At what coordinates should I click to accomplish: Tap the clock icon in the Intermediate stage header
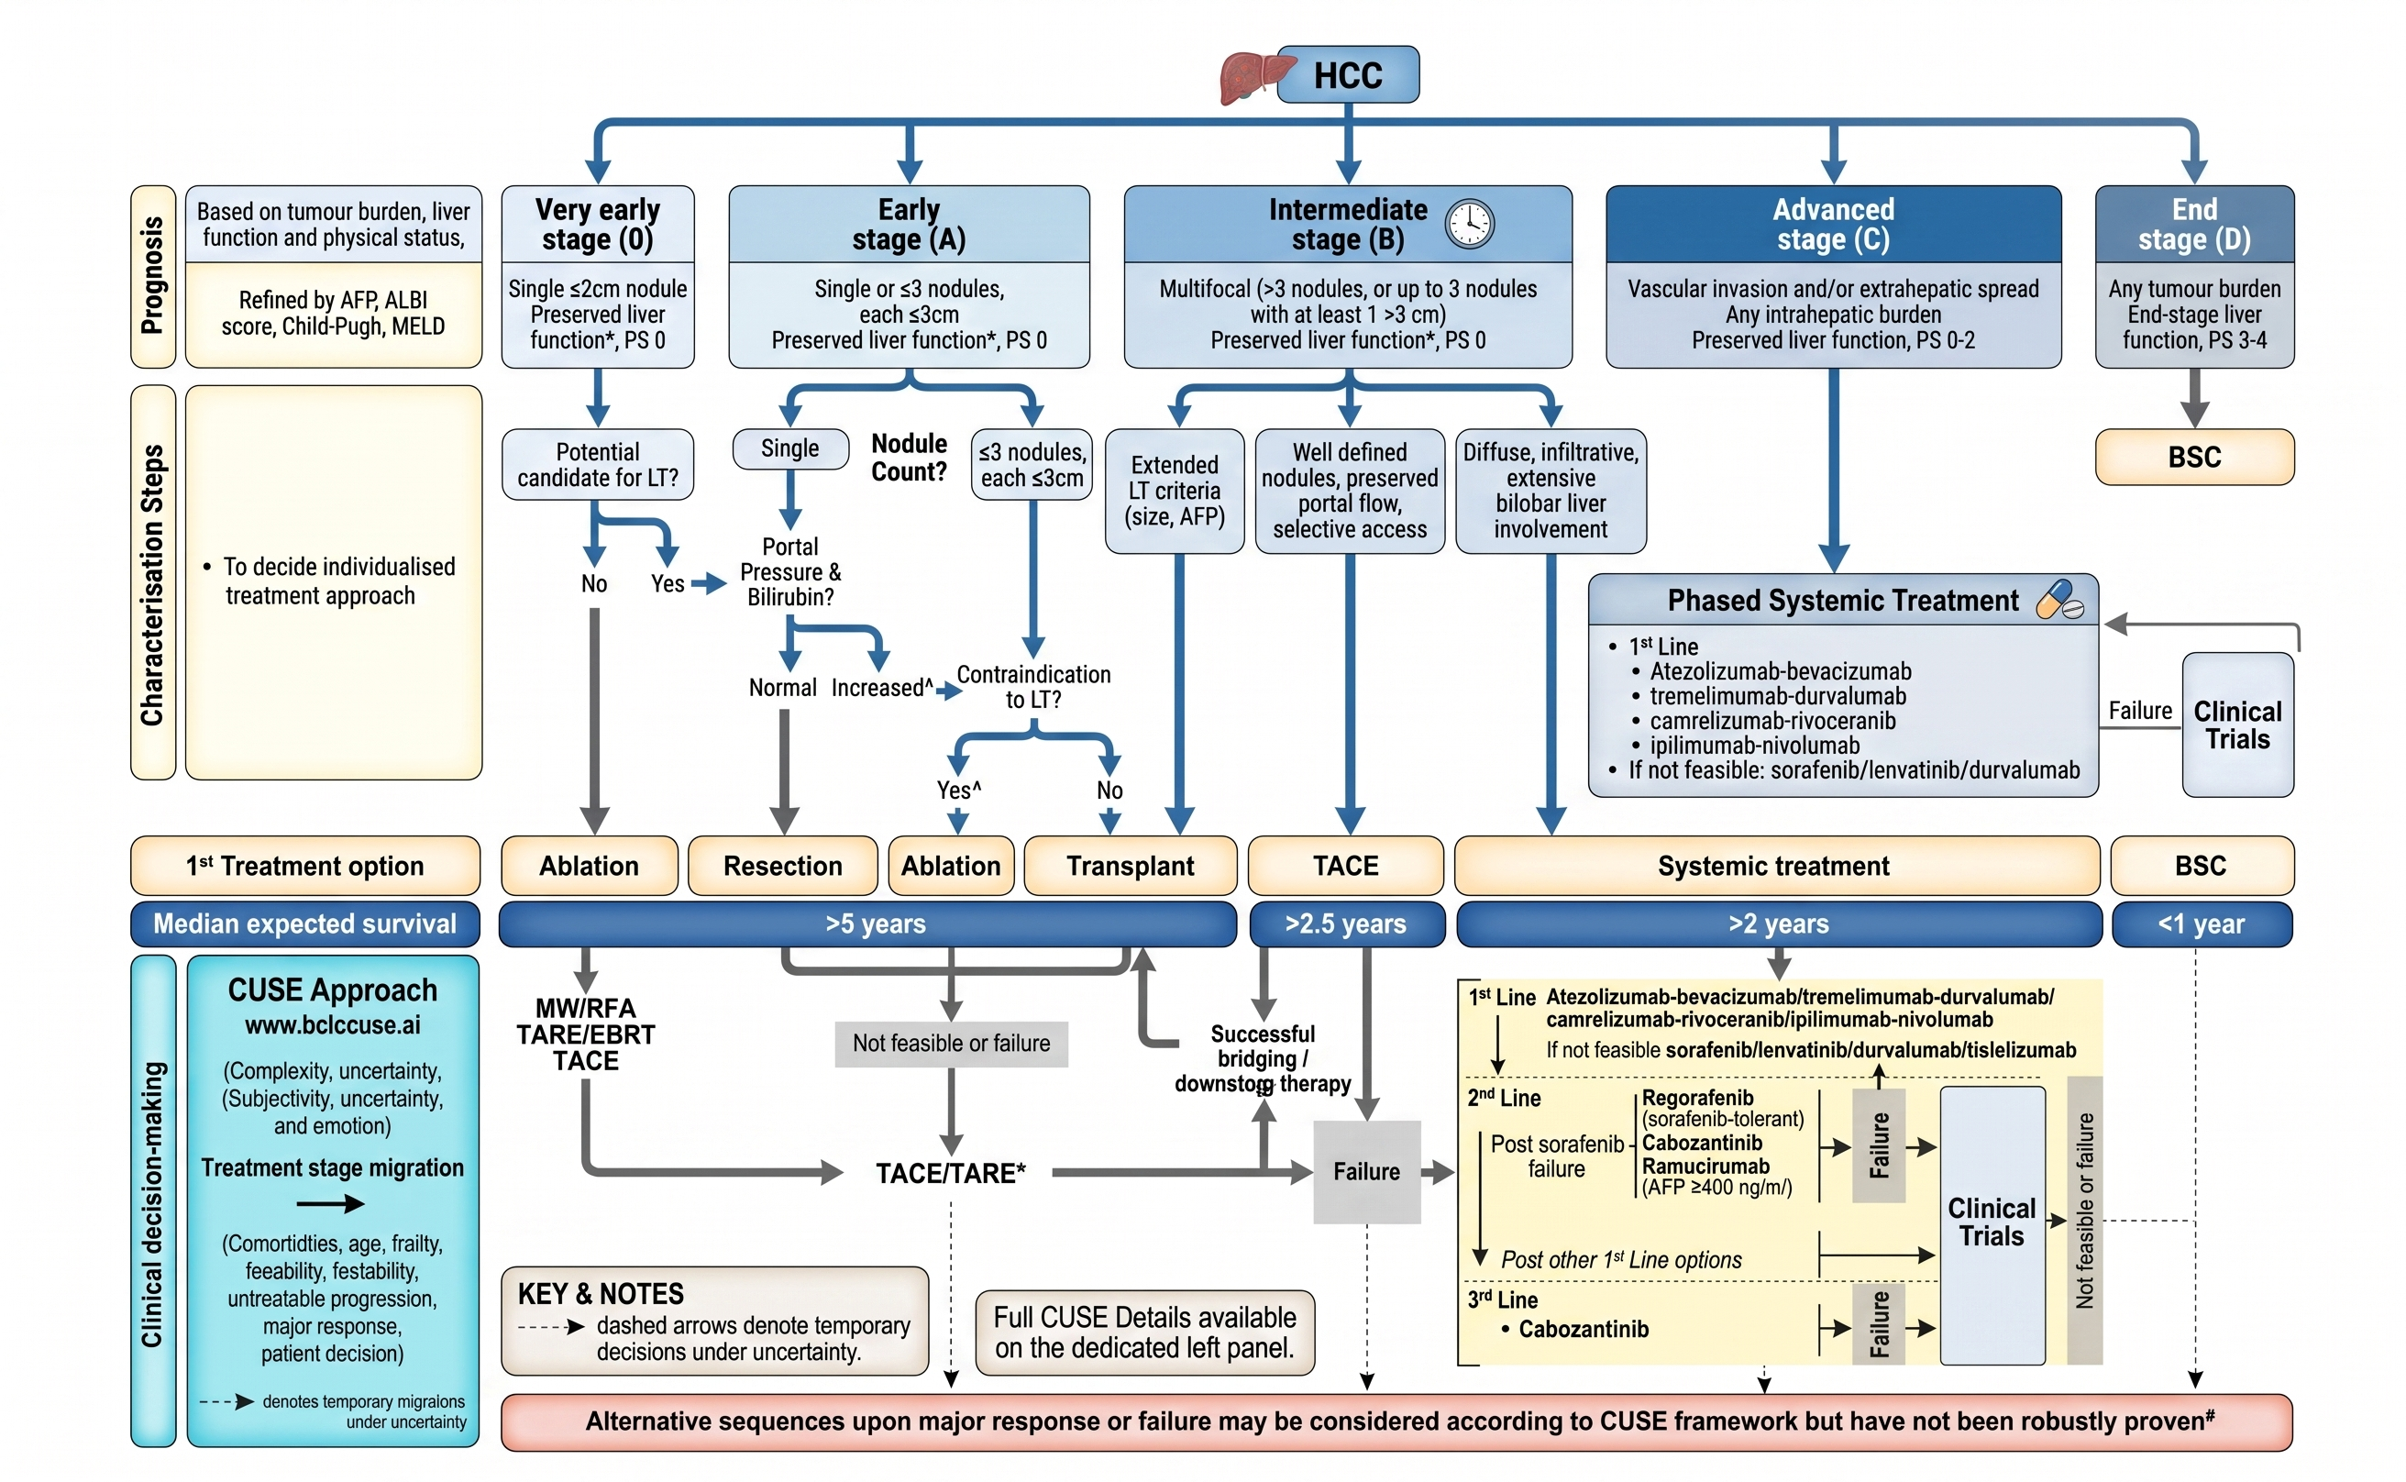click(x=1468, y=224)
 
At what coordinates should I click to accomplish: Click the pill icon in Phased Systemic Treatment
click(x=2058, y=600)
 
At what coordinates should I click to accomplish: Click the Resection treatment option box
click(x=782, y=866)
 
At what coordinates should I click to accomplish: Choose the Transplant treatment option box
click(x=1129, y=866)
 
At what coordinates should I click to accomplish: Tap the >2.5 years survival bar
click(x=1346, y=923)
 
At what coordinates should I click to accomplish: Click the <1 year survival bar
click(x=2201, y=923)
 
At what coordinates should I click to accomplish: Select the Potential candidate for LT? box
click(x=597, y=465)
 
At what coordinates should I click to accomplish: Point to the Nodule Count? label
click(x=909, y=458)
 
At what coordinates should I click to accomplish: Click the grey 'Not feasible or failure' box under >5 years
click(x=950, y=1043)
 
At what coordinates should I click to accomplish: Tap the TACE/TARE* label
click(x=950, y=1172)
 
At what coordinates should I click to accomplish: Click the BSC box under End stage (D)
click(x=2193, y=457)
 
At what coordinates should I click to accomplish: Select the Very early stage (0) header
click(x=597, y=224)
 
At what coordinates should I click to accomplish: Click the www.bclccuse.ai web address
click(x=332, y=1025)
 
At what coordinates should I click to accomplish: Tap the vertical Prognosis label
click(x=153, y=276)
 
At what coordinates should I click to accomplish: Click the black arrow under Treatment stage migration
click(x=330, y=1203)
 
